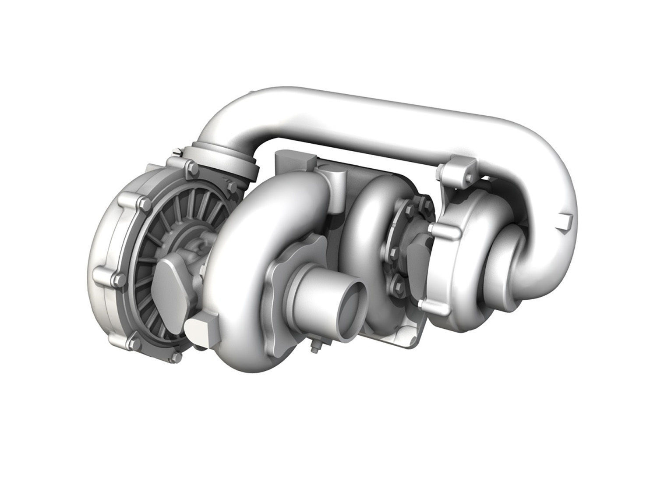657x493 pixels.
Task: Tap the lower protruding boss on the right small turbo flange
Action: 423,304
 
